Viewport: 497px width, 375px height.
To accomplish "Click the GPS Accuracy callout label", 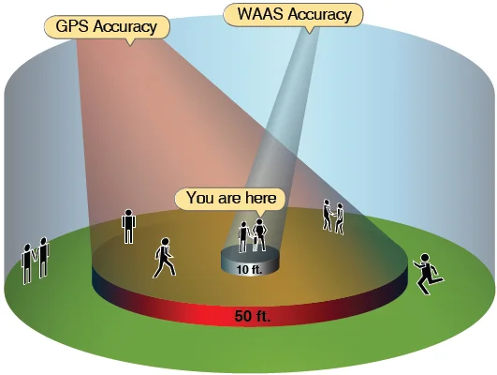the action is point(107,27).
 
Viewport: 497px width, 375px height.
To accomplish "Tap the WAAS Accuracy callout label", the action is point(293,14).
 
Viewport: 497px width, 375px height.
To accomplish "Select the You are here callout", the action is point(231,199).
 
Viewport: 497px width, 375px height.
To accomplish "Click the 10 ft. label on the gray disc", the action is point(250,270).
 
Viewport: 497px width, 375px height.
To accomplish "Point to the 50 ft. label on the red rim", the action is point(253,316).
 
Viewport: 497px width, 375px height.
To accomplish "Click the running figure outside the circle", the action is point(428,274).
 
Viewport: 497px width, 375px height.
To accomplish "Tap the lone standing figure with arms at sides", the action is point(128,226).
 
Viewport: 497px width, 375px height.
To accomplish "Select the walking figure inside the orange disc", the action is point(165,258).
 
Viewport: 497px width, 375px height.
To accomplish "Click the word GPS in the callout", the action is point(72,26).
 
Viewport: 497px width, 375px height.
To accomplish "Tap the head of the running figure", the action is point(425,258).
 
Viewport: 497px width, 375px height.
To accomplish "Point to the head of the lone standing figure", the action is point(128,213).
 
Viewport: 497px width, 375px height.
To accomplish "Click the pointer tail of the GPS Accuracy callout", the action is point(130,42).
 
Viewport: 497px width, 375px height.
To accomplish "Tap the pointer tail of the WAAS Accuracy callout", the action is point(310,30).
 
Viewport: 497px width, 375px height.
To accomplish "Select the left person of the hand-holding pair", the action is point(27,263).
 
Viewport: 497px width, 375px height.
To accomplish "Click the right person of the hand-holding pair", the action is point(43,258).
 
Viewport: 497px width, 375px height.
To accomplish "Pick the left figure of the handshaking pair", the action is point(327,215).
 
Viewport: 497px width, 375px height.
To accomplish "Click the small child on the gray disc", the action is point(256,243).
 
